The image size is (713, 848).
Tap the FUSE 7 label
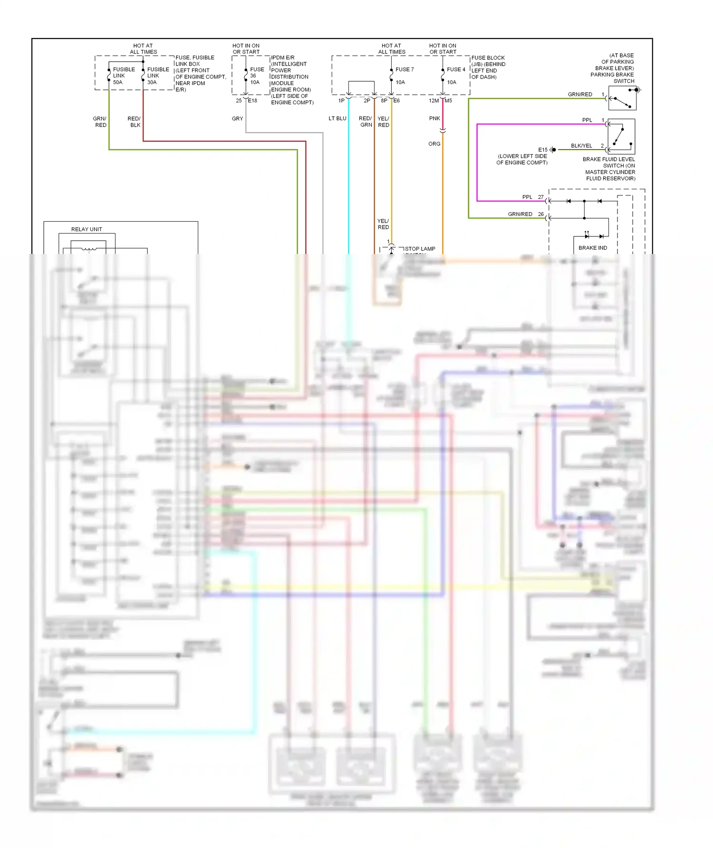click(x=405, y=69)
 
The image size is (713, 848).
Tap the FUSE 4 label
click(x=456, y=69)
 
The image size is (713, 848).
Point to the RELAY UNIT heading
click(x=87, y=229)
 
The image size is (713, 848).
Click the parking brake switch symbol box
click(x=622, y=98)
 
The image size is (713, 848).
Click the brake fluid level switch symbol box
click(x=621, y=136)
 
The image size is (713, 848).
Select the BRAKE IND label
click(x=593, y=248)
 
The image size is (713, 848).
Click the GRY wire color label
click(x=237, y=119)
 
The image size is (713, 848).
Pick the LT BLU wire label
click(x=337, y=118)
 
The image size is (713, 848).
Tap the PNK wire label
click(x=434, y=118)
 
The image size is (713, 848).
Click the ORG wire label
click(x=434, y=144)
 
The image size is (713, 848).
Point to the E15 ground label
click(x=542, y=150)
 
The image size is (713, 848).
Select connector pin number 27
click(x=540, y=197)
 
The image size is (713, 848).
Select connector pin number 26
click(x=540, y=214)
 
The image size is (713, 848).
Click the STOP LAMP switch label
click(x=420, y=249)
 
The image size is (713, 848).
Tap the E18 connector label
click(x=252, y=100)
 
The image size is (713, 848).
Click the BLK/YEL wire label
click(x=581, y=146)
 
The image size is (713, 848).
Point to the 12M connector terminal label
click(x=434, y=101)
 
